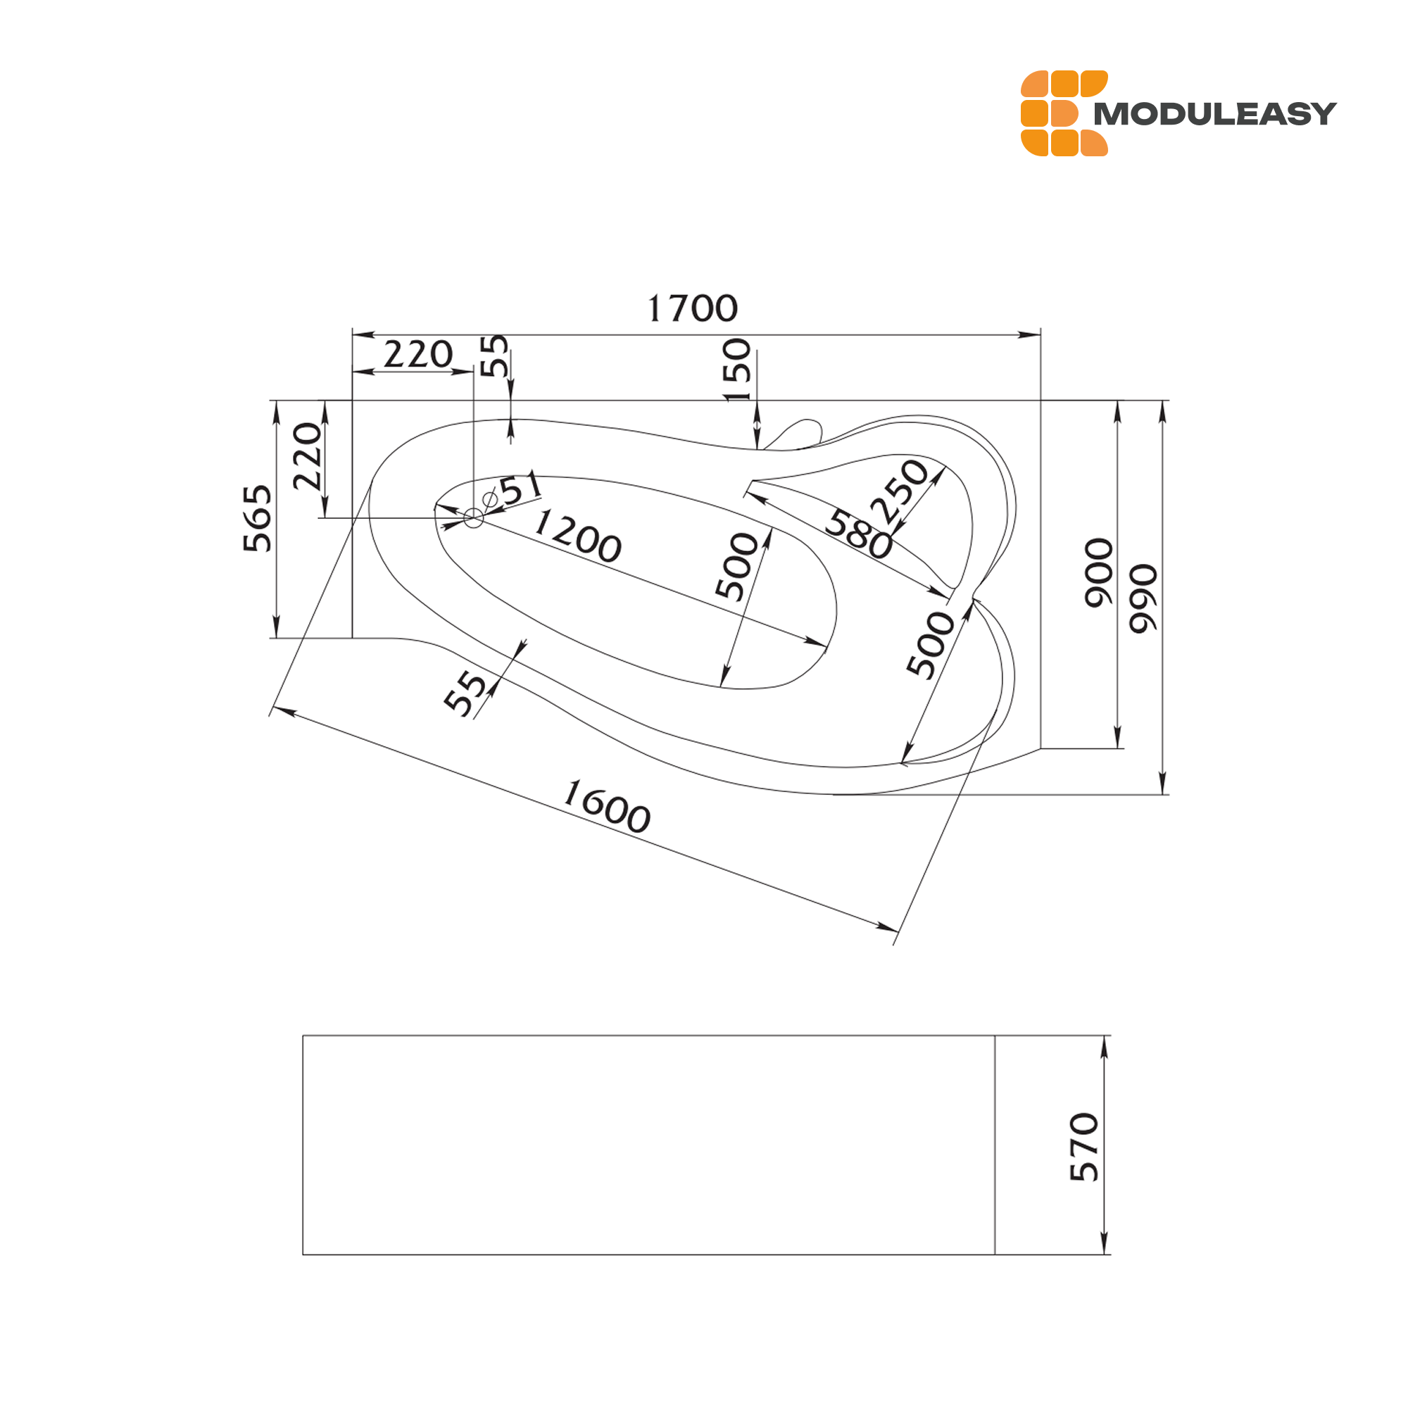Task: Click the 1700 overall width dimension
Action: pyautogui.click(x=692, y=308)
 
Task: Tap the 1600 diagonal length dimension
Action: pyautogui.click(x=607, y=806)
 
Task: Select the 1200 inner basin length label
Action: pyautogui.click(x=577, y=536)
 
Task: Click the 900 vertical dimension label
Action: pyautogui.click(x=1098, y=573)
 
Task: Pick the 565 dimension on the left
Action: pyautogui.click(x=257, y=518)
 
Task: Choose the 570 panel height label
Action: pyautogui.click(x=1083, y=1146)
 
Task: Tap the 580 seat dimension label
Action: pyautogui.click(x=859, y=534)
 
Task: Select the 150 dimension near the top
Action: pyautogui.click(x=736, y=370)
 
